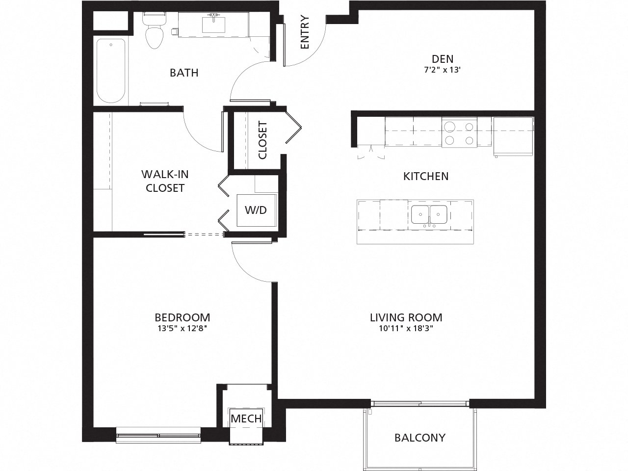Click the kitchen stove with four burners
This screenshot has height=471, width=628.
459,133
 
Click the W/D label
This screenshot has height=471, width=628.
256,210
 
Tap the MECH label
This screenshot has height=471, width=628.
246,419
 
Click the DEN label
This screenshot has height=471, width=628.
443,59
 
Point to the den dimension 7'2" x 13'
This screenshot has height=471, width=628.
443,70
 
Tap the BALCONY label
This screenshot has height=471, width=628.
420,437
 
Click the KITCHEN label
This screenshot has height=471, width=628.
426,176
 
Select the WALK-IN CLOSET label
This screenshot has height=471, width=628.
165,181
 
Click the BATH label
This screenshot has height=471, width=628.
184,73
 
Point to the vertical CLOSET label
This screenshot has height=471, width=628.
262,140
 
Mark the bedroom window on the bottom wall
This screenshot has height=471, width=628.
158,434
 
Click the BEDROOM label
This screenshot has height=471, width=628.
182,317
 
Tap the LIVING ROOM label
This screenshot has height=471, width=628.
406,317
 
